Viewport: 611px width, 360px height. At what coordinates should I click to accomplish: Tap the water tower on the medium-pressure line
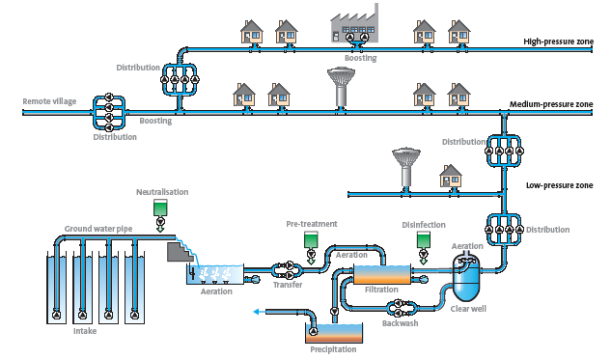pyautogui.click(x=341, y=88)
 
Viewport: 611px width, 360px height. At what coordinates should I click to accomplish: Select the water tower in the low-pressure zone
pyautogui.click(x=406, y=168)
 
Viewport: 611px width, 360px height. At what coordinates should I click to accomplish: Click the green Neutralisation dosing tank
pyautogui.click(x=160, y=208)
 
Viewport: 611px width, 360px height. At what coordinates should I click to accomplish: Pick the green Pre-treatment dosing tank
pyautogui.click(x=311, y=239)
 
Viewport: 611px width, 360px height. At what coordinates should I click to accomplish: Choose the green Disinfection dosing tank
pyautogui.click(x=424, y=240)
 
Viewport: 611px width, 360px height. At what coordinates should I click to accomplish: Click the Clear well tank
pyautogui.click(x=466, y=277)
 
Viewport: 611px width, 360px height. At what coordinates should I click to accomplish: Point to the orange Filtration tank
pyautogui.click(x=382, y=274)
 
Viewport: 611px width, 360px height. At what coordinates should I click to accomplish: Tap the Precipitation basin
pyautogui.click(x=334, y=333)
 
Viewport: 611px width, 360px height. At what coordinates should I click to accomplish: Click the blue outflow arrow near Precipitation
pyautogui.click(x=260, y=312)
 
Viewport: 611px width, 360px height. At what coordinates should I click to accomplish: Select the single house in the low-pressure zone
pyautogui.click(x=451, y=176)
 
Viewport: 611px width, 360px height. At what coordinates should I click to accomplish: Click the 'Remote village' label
pyautogui.click(x=49, y=101)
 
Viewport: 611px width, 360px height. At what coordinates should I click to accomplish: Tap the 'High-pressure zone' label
pyautogui.click(x=559, y=42)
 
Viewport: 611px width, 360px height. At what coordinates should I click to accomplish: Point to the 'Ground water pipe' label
pyautogui.click(x=98, y=229)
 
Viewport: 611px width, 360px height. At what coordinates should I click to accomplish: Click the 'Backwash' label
pyautogui.click(x=401, y=323)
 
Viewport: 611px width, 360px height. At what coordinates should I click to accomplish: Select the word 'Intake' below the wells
pyautogui.click(x=85, y=331)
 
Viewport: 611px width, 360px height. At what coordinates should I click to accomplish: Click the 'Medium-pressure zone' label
pyautogui.click(x=551, y=104)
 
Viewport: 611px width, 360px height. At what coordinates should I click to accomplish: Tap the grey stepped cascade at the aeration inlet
pyautogui.click(x=181, y=251)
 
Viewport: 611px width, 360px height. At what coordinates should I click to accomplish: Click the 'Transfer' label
pyautogui.click(x=288, y=285)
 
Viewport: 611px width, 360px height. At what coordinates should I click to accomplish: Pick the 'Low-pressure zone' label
pyautogui.click(x=560, y=185)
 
